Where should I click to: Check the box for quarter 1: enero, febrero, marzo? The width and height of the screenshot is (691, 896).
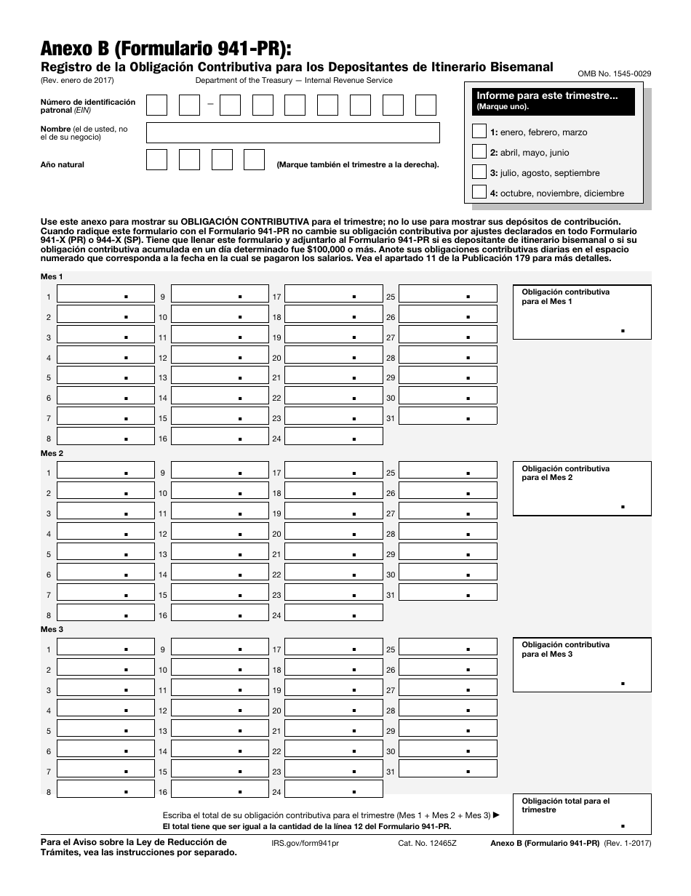click(x=479, y=132)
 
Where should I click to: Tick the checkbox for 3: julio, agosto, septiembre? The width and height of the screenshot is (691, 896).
click(x=479, y=172)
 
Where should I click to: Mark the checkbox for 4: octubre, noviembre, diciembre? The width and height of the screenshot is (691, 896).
click(x=479, y=193)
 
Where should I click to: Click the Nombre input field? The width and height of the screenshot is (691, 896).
click(x=292, y=132)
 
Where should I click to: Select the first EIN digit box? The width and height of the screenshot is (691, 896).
click(x=156, y=105)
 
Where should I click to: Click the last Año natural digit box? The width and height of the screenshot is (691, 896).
click(x=254, y=160)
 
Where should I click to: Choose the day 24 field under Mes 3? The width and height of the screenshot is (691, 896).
click(x=333, y=791)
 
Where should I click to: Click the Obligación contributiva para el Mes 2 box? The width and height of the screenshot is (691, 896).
click(x=582, y=489)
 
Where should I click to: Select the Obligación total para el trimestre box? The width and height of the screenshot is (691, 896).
click(x=582, y=814)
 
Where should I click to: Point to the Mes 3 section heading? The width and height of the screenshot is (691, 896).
click(x=52, y=629)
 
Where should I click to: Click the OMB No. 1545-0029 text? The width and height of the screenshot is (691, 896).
click(x=614, y=73)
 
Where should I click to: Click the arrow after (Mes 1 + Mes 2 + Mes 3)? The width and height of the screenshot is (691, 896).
click(x=497, y=815)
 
